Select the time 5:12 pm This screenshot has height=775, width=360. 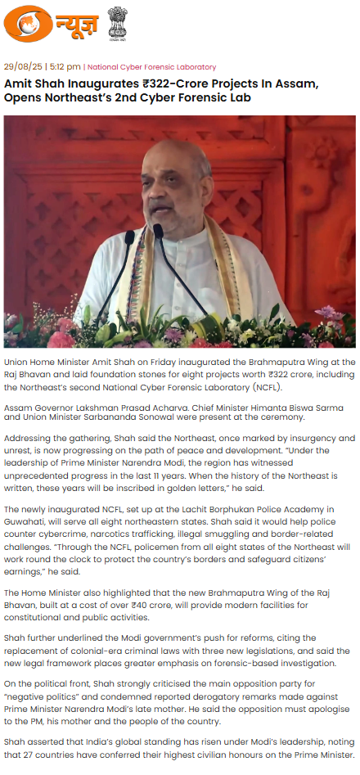coord(65,67)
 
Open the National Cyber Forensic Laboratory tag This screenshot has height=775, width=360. coord(152,67)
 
